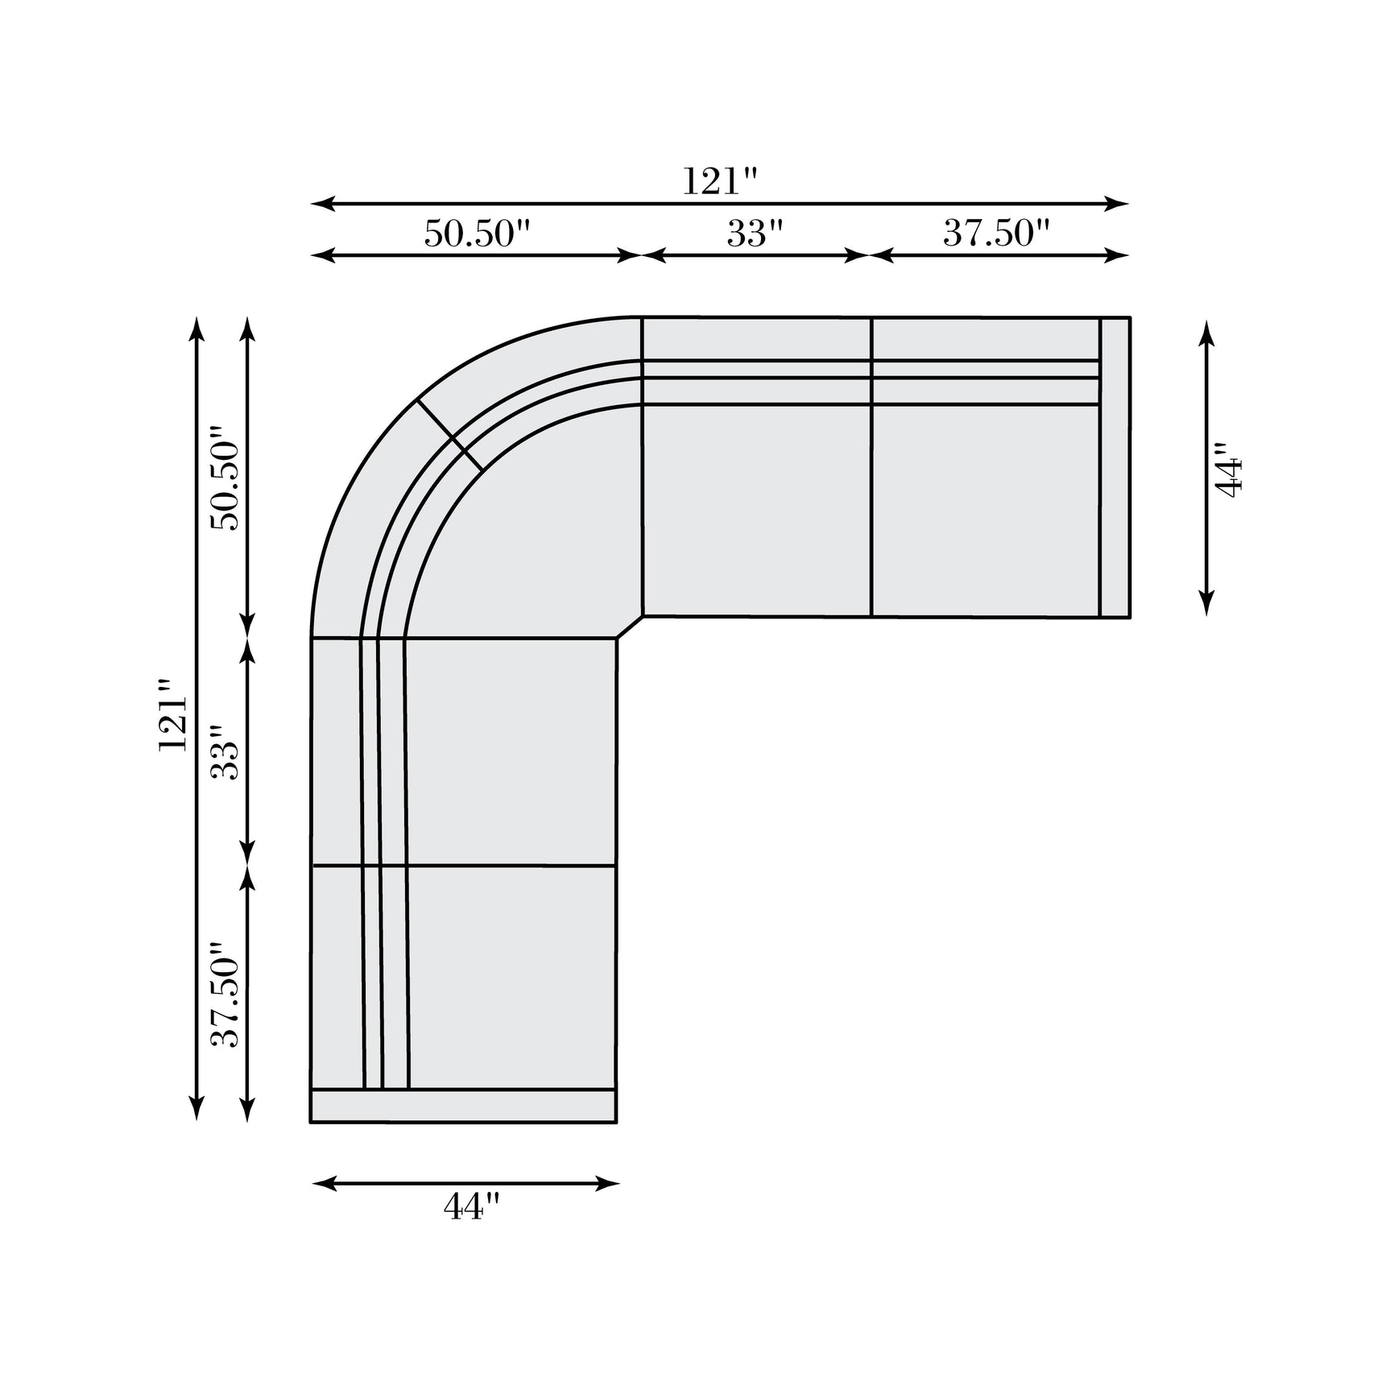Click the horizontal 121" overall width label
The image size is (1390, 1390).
coord(720,181)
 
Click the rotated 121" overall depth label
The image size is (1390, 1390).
coord(173,716)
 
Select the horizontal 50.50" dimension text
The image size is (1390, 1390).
coord(477,234)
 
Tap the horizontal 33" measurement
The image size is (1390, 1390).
coord(755,234)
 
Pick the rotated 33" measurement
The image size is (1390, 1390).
coord(225,752)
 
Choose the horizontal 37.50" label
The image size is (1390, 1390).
coord(996,234)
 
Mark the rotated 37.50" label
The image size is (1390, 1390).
coord(225,994)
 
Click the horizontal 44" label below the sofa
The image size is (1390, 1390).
coord(472,1207)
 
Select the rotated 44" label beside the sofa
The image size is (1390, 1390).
coord(1229,468)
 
